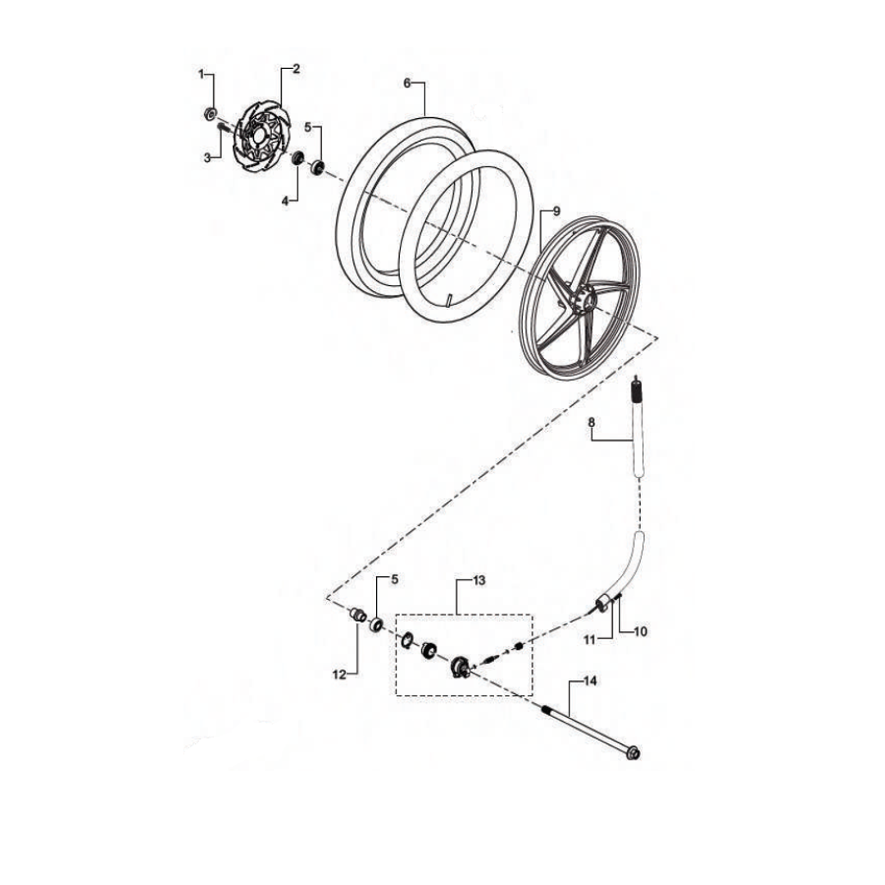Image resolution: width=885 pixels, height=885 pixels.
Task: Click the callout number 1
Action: (201, 75)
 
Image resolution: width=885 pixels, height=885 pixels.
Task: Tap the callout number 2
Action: (297, 70)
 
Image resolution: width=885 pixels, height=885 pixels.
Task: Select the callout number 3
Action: (207, 158)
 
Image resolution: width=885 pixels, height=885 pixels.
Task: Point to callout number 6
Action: (407, 84)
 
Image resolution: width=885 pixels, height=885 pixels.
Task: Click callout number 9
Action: (556, 211)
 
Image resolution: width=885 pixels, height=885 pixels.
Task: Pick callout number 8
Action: (592, 422)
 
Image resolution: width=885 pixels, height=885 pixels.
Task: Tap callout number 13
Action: (479, 580)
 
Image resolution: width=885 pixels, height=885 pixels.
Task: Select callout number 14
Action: (590, 681)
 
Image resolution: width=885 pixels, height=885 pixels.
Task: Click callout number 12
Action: (338, 674)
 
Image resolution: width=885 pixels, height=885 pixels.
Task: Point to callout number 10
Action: (641, 632)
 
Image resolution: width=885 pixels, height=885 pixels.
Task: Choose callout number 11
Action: (590, 640)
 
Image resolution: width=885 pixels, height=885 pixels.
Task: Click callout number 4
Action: (285, 201)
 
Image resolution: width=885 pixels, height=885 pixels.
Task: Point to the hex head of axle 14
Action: (633, 753)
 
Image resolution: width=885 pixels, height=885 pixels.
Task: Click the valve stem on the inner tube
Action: (450, 300)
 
